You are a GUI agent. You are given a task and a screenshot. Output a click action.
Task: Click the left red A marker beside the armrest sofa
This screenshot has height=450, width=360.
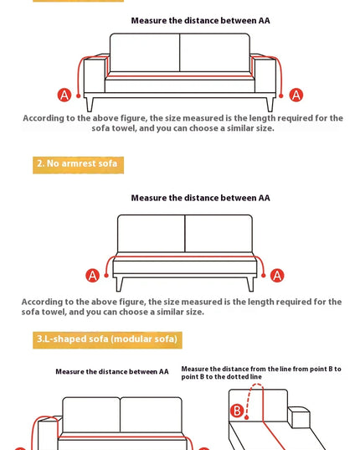pyautogui.click(x=64, y=95)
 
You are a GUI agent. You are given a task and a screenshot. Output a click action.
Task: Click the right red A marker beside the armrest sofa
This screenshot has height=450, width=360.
pyautogui.click(x=296, y=95)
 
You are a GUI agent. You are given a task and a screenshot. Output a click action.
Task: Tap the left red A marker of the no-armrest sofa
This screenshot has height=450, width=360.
pyautogui.click(x=93, y=276)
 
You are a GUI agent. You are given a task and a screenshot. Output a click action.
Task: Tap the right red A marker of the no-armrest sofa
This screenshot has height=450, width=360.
pyautogui.click(x=277, y=276)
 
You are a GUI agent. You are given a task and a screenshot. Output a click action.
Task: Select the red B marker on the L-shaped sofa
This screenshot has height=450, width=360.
pyautogui.click(x=237, y=411)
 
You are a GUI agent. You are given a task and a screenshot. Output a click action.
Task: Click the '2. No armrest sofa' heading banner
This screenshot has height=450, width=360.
pyautogui.click(x=78, y=165)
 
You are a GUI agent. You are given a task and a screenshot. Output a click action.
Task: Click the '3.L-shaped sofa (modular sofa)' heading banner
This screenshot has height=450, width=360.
pyautogui.click(x=107, y=340)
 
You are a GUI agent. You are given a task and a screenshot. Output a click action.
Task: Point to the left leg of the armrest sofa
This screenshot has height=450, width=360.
pyautogui.click(x=90, y=105)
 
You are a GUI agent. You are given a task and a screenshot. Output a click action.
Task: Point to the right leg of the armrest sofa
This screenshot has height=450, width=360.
pyautogui.click(x=270, y=105)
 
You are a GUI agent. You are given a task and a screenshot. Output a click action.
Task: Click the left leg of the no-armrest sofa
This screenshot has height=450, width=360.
pyautogui.click(x=120, y=284)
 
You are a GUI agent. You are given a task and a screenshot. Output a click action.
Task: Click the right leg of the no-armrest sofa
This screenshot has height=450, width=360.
pyautogui.click(x=250, y=284)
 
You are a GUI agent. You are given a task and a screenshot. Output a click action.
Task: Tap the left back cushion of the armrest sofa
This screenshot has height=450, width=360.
pyautogui.click(x=145, y=53)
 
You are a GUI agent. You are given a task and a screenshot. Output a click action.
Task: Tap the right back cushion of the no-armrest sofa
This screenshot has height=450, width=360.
pyautogui.click(x=219, y=233)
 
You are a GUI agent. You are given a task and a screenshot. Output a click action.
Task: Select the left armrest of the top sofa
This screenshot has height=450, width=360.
pyautogui.click(x=95, y=73)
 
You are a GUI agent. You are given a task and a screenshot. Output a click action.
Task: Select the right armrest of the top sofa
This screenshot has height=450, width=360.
pyautogui.click(x=264, y=73)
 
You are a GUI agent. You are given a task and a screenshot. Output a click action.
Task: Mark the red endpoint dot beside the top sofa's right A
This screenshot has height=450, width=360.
pyautogui.click(x=281, y=96)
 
